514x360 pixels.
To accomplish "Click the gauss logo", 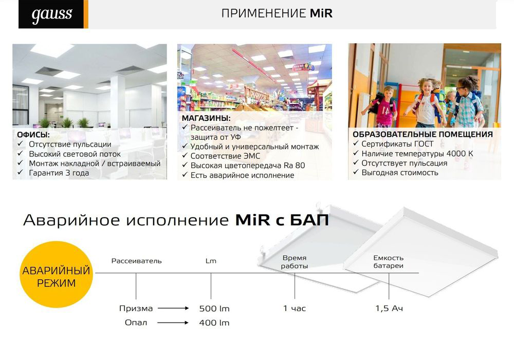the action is pyautogui.click(x=52, y=14).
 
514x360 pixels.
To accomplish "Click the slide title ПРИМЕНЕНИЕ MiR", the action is pyautogui.click(x=277, y=13).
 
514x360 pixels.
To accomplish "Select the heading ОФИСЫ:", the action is pyautogui.click(x=33, y=135).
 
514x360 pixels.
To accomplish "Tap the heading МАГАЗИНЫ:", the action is pyautogui.click(x=206, y=118).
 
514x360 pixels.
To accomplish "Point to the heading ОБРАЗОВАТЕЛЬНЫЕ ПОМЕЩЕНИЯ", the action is pyautogui.click(x=423, y=134).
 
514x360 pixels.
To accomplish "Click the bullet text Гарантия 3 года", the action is pyautogui.click(x=59, y=173).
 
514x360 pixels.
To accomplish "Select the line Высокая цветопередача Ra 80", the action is pyautogui.click(x=248, y=166).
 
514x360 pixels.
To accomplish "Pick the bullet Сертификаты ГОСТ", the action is pyautogui.click(x=397, y=144).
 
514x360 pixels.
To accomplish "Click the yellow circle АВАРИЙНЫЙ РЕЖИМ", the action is pyautogui.click(x=56, y=275).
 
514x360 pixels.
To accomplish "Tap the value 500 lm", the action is pyautogui.click(x=214, y=309).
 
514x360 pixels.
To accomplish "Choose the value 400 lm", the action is pyautogui.click(x=214, y=322).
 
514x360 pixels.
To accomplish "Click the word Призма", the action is pyautogui.click(x=136, y=309).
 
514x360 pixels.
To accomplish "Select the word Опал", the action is pyautogui.click(x=136, y=322).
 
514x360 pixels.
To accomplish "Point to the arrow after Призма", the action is pyautogui.click(x=173, y=308).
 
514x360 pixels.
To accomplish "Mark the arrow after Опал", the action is pyautogui.click(x=173, y=322).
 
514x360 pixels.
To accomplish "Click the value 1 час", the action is pyautogui.click(x=295, y=309).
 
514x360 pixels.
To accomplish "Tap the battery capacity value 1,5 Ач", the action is pyautogui.click(x=389, y=309).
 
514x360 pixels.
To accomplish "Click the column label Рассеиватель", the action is pyautogui.click(x=136, y=261).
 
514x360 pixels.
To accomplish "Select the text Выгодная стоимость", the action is pyautogui.click(x=400, y=172).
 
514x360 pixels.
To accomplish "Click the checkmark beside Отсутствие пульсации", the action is pyautogui.click(x=21, y=144).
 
